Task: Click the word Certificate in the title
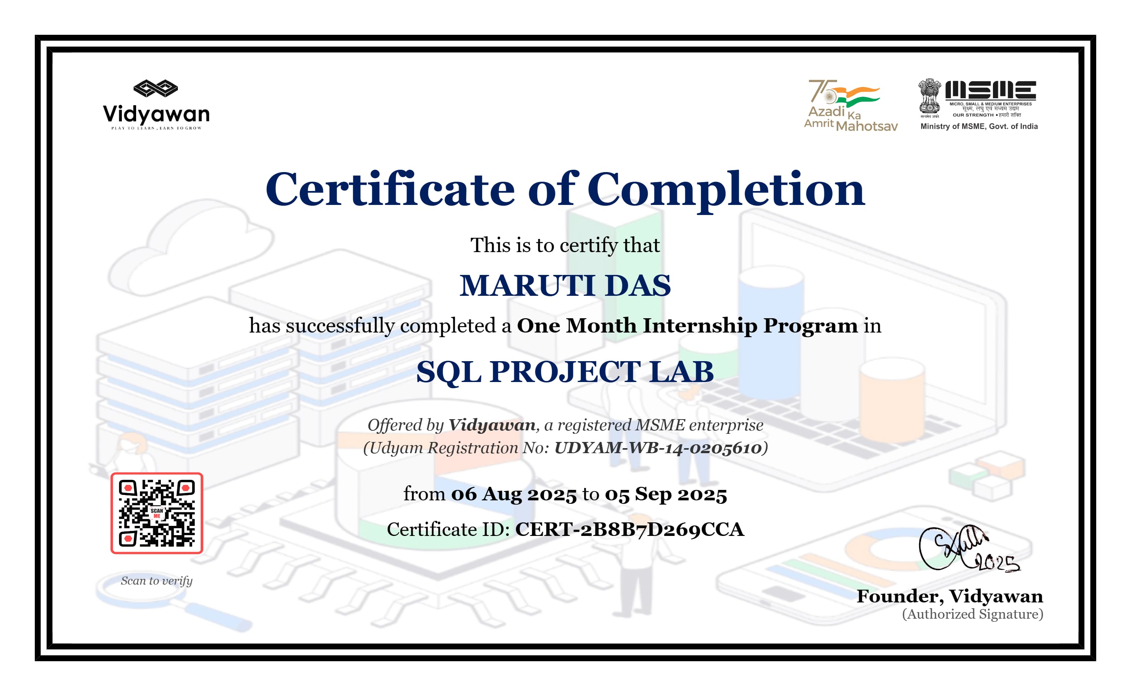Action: [x=390, y=189]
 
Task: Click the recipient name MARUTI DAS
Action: [x=565, y=285]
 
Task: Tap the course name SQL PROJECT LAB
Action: [x=565, y=372]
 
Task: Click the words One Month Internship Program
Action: [x=687, y=326]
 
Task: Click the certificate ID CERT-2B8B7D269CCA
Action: [x=629, y=529]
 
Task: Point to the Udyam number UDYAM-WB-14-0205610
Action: [x=658, y=448]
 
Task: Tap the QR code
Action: [x=157, y=513]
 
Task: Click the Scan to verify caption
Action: [x=157, y=581]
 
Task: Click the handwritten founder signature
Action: [x=967, y=549]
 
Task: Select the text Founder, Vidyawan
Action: [x=950, y=597]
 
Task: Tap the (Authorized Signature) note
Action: [x=972, y=614]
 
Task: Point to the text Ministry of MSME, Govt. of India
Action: [x=979, y=126]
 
